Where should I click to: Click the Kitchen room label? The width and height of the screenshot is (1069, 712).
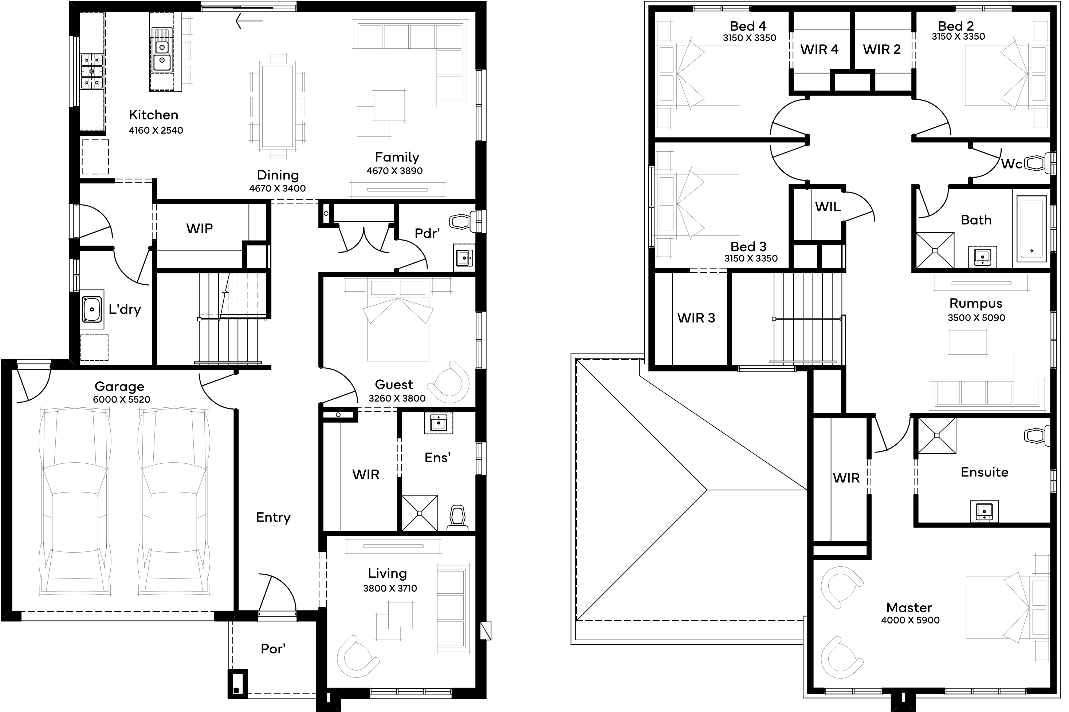[154, 115]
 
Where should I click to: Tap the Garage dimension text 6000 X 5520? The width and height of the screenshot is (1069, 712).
[121, 400]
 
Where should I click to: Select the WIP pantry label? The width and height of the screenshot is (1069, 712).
[200, 228]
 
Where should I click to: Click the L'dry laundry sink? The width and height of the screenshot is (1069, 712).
[92, 309]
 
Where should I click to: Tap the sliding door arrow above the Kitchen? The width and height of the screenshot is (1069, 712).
[249, 20]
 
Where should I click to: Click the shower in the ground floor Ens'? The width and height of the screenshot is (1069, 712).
[420, 513]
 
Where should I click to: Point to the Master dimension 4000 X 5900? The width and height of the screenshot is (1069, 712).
[910, 620]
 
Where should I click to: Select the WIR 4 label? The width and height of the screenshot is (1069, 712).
[820, 50]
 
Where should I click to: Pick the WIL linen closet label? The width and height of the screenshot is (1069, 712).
[828, 207]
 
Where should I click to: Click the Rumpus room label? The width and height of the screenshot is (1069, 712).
[976, 303]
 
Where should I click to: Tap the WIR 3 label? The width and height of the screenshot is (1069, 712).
[696, 318]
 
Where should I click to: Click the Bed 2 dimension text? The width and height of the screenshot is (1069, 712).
[958, 37]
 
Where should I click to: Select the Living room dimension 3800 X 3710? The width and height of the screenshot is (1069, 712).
[390, 589]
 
